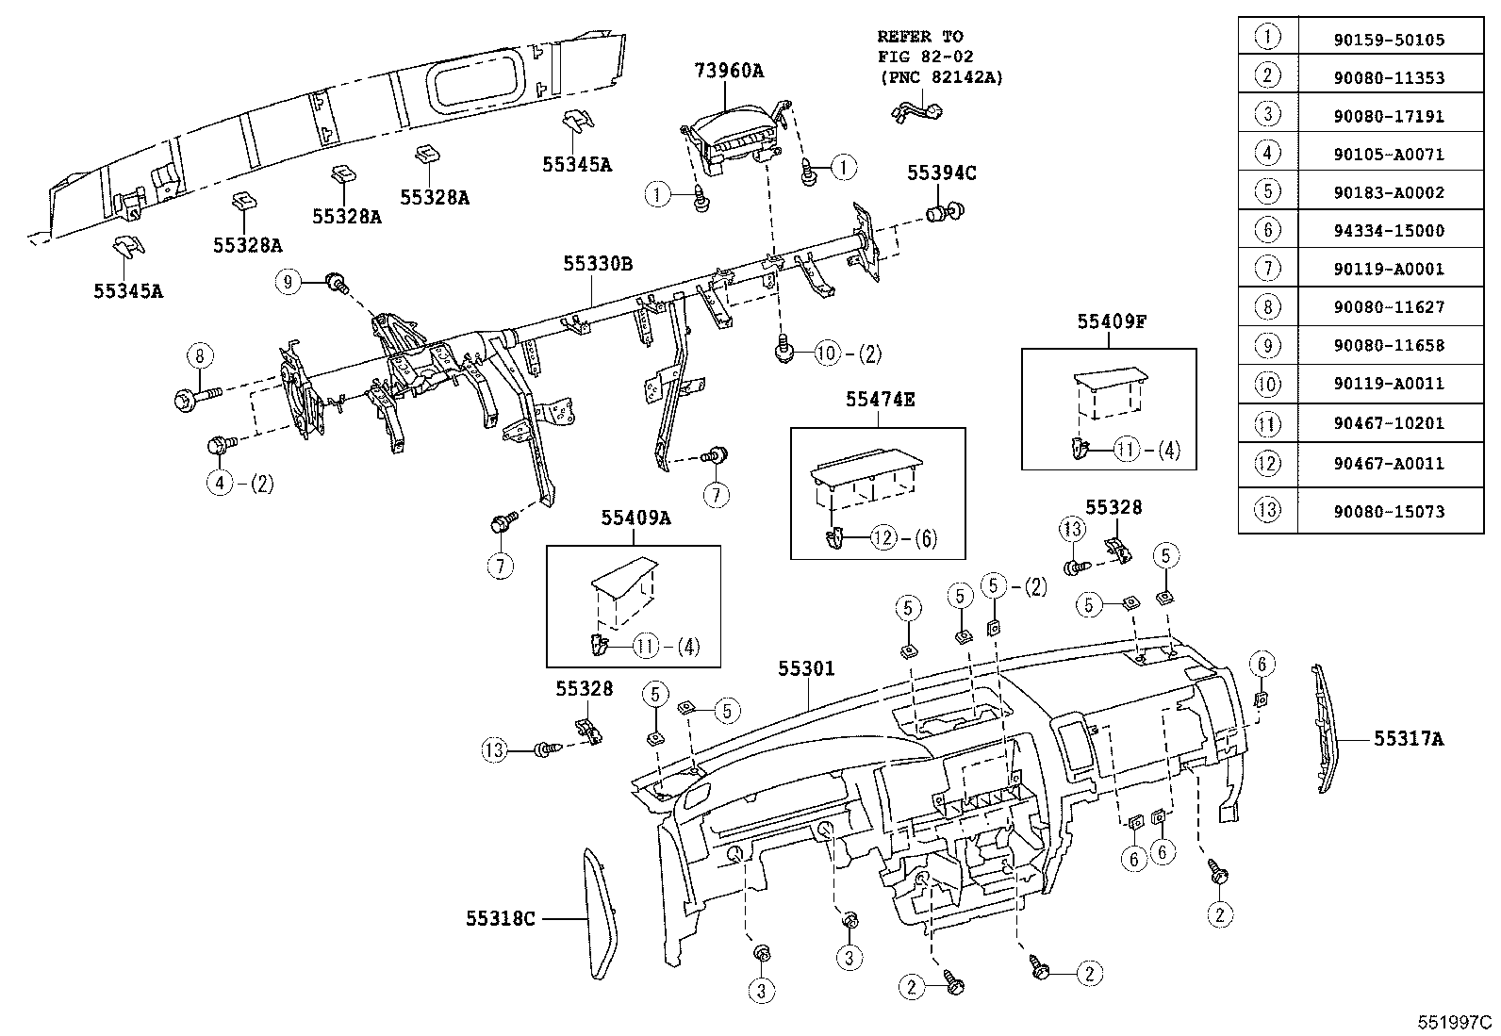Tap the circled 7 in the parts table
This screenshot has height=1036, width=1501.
pos(1268,269)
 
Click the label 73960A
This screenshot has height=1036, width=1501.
pos(729,70)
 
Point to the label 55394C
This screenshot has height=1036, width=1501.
pos(941,173)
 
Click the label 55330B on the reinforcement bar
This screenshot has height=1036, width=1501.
pos(598,264)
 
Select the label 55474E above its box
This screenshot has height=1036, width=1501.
pos(880,400)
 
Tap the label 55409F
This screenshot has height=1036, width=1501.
pos(1112,321)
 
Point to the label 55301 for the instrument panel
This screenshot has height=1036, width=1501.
pos(806,668)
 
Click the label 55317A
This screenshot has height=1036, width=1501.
pos(1408,740)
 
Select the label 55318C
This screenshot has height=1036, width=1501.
pos(500,918)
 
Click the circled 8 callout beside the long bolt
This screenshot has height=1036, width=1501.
pos(199,356)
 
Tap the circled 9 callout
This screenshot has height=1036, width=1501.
pos(289,280)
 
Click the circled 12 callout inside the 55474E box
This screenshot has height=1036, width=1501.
pos(882,538)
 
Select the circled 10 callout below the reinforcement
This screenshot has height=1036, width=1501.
pos(826,354)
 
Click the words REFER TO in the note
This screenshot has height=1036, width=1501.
pos(919,37)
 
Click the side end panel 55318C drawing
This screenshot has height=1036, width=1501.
pos(599,914)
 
